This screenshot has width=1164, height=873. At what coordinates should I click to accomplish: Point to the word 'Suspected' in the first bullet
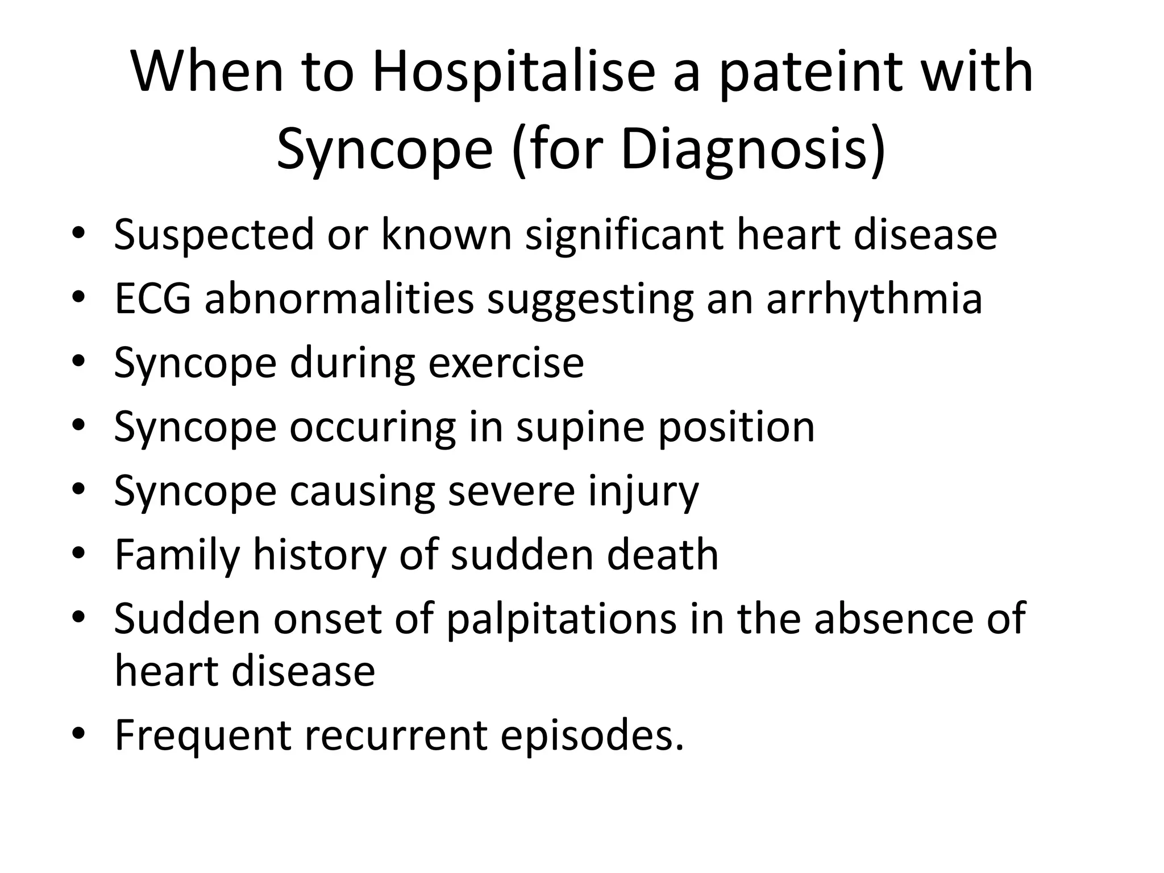214,235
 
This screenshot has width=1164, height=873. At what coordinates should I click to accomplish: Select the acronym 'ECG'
152,299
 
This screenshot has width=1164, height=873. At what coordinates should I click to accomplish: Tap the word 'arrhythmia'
874,299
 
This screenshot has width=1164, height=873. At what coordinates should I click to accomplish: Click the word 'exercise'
505,363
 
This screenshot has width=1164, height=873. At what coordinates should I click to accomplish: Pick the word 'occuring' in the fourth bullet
372,427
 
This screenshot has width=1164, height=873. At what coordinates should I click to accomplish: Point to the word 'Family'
177,555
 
